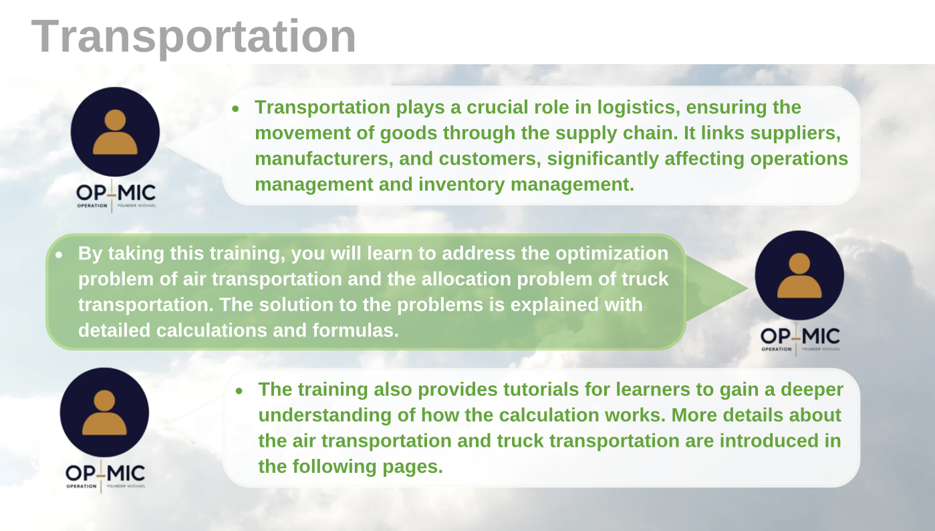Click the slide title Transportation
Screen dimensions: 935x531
(x=193, y=37)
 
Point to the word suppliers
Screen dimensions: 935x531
(x=795, y=134)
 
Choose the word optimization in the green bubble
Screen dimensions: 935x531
(x=612, y=253)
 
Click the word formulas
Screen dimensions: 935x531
(x=356, y=330)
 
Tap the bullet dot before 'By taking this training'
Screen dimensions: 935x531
(x=59, y=254)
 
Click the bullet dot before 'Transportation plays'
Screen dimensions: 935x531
(x=236, y=109)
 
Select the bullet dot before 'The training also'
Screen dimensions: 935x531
(x=239, y=391)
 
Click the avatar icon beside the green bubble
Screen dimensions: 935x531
(x=799, y=276)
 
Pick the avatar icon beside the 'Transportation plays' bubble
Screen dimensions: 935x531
(x=115, y=132)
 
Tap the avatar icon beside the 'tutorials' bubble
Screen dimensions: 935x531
(x=104, y=413)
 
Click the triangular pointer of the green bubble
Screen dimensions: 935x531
(x=716, y=288)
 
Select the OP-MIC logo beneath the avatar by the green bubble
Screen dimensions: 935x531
(x=800, y=339)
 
